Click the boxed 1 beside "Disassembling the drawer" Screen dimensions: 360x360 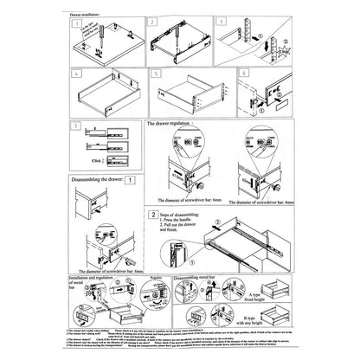coord(130,181)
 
